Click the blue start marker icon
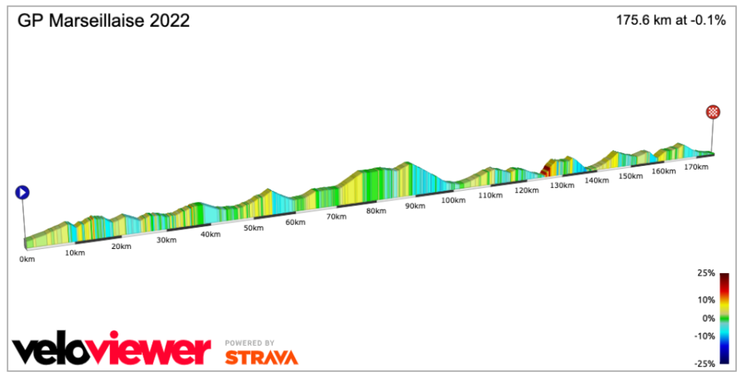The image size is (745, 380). (23, 193)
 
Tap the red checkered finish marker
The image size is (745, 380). (713, 112)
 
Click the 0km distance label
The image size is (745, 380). (28, 258)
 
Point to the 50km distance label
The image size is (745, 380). (253, 228)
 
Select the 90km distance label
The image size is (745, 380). (414, 206)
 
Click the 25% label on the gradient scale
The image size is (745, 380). (705, 274)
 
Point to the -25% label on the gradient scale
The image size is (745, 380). (703, 363)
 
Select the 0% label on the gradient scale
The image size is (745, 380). (708, 318)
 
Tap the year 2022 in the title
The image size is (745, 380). (170, 20)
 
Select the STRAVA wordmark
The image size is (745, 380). (261, 357)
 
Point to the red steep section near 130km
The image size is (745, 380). (544, 170)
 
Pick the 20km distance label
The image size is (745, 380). (121, 246)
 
